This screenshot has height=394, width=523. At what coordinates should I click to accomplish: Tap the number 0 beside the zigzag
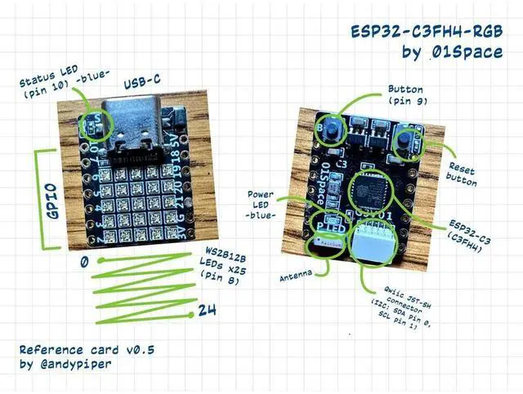(83, 263)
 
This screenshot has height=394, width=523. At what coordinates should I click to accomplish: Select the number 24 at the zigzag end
(207, 311)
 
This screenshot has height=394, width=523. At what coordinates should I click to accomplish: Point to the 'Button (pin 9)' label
(408, 95)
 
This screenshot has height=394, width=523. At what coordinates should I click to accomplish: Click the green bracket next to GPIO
(40, 199)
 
